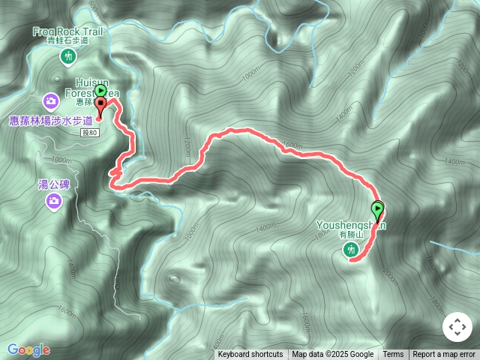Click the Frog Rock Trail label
click(67, 31)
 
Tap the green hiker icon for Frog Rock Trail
click(68, 56)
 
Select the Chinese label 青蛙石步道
click(68, 41)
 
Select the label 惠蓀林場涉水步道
click(51, 120)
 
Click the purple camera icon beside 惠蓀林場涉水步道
click(50, 100)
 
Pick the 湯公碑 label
click(53, 184)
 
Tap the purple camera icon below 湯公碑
click(53, 200)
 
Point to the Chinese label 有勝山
click(350, 234)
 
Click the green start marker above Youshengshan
click(377, 209)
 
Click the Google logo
click(28, 349)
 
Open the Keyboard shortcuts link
click(250, 355)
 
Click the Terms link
click(393, 355)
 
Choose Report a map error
click(444, 355)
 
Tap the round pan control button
click(457, 328)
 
